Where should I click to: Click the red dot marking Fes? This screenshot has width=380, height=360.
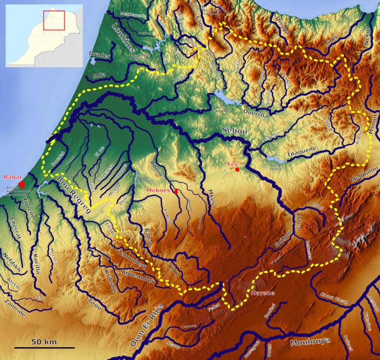click(237, 169)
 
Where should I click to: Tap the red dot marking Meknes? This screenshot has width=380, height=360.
click(176, 192)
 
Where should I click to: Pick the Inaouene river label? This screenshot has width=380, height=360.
click(302, 152)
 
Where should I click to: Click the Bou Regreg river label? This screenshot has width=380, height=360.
click(74, 194)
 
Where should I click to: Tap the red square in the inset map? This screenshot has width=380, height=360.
click(54, 20)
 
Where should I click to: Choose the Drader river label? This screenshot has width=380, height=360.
click(100, 56)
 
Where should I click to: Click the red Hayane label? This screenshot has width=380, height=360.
click(262, 293)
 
